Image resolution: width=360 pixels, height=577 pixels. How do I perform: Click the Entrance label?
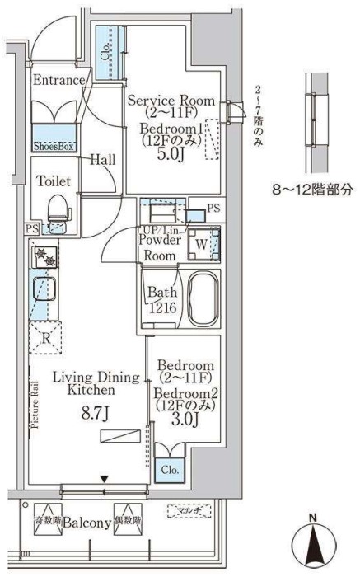click(59, 80)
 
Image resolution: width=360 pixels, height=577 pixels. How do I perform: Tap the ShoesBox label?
click(54, 145)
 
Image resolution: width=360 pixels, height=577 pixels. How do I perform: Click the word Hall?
click(102, 160)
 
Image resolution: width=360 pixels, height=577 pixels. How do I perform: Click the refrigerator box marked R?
click(44, 337)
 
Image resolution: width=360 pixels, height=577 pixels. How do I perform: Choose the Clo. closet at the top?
click(106, 52)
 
